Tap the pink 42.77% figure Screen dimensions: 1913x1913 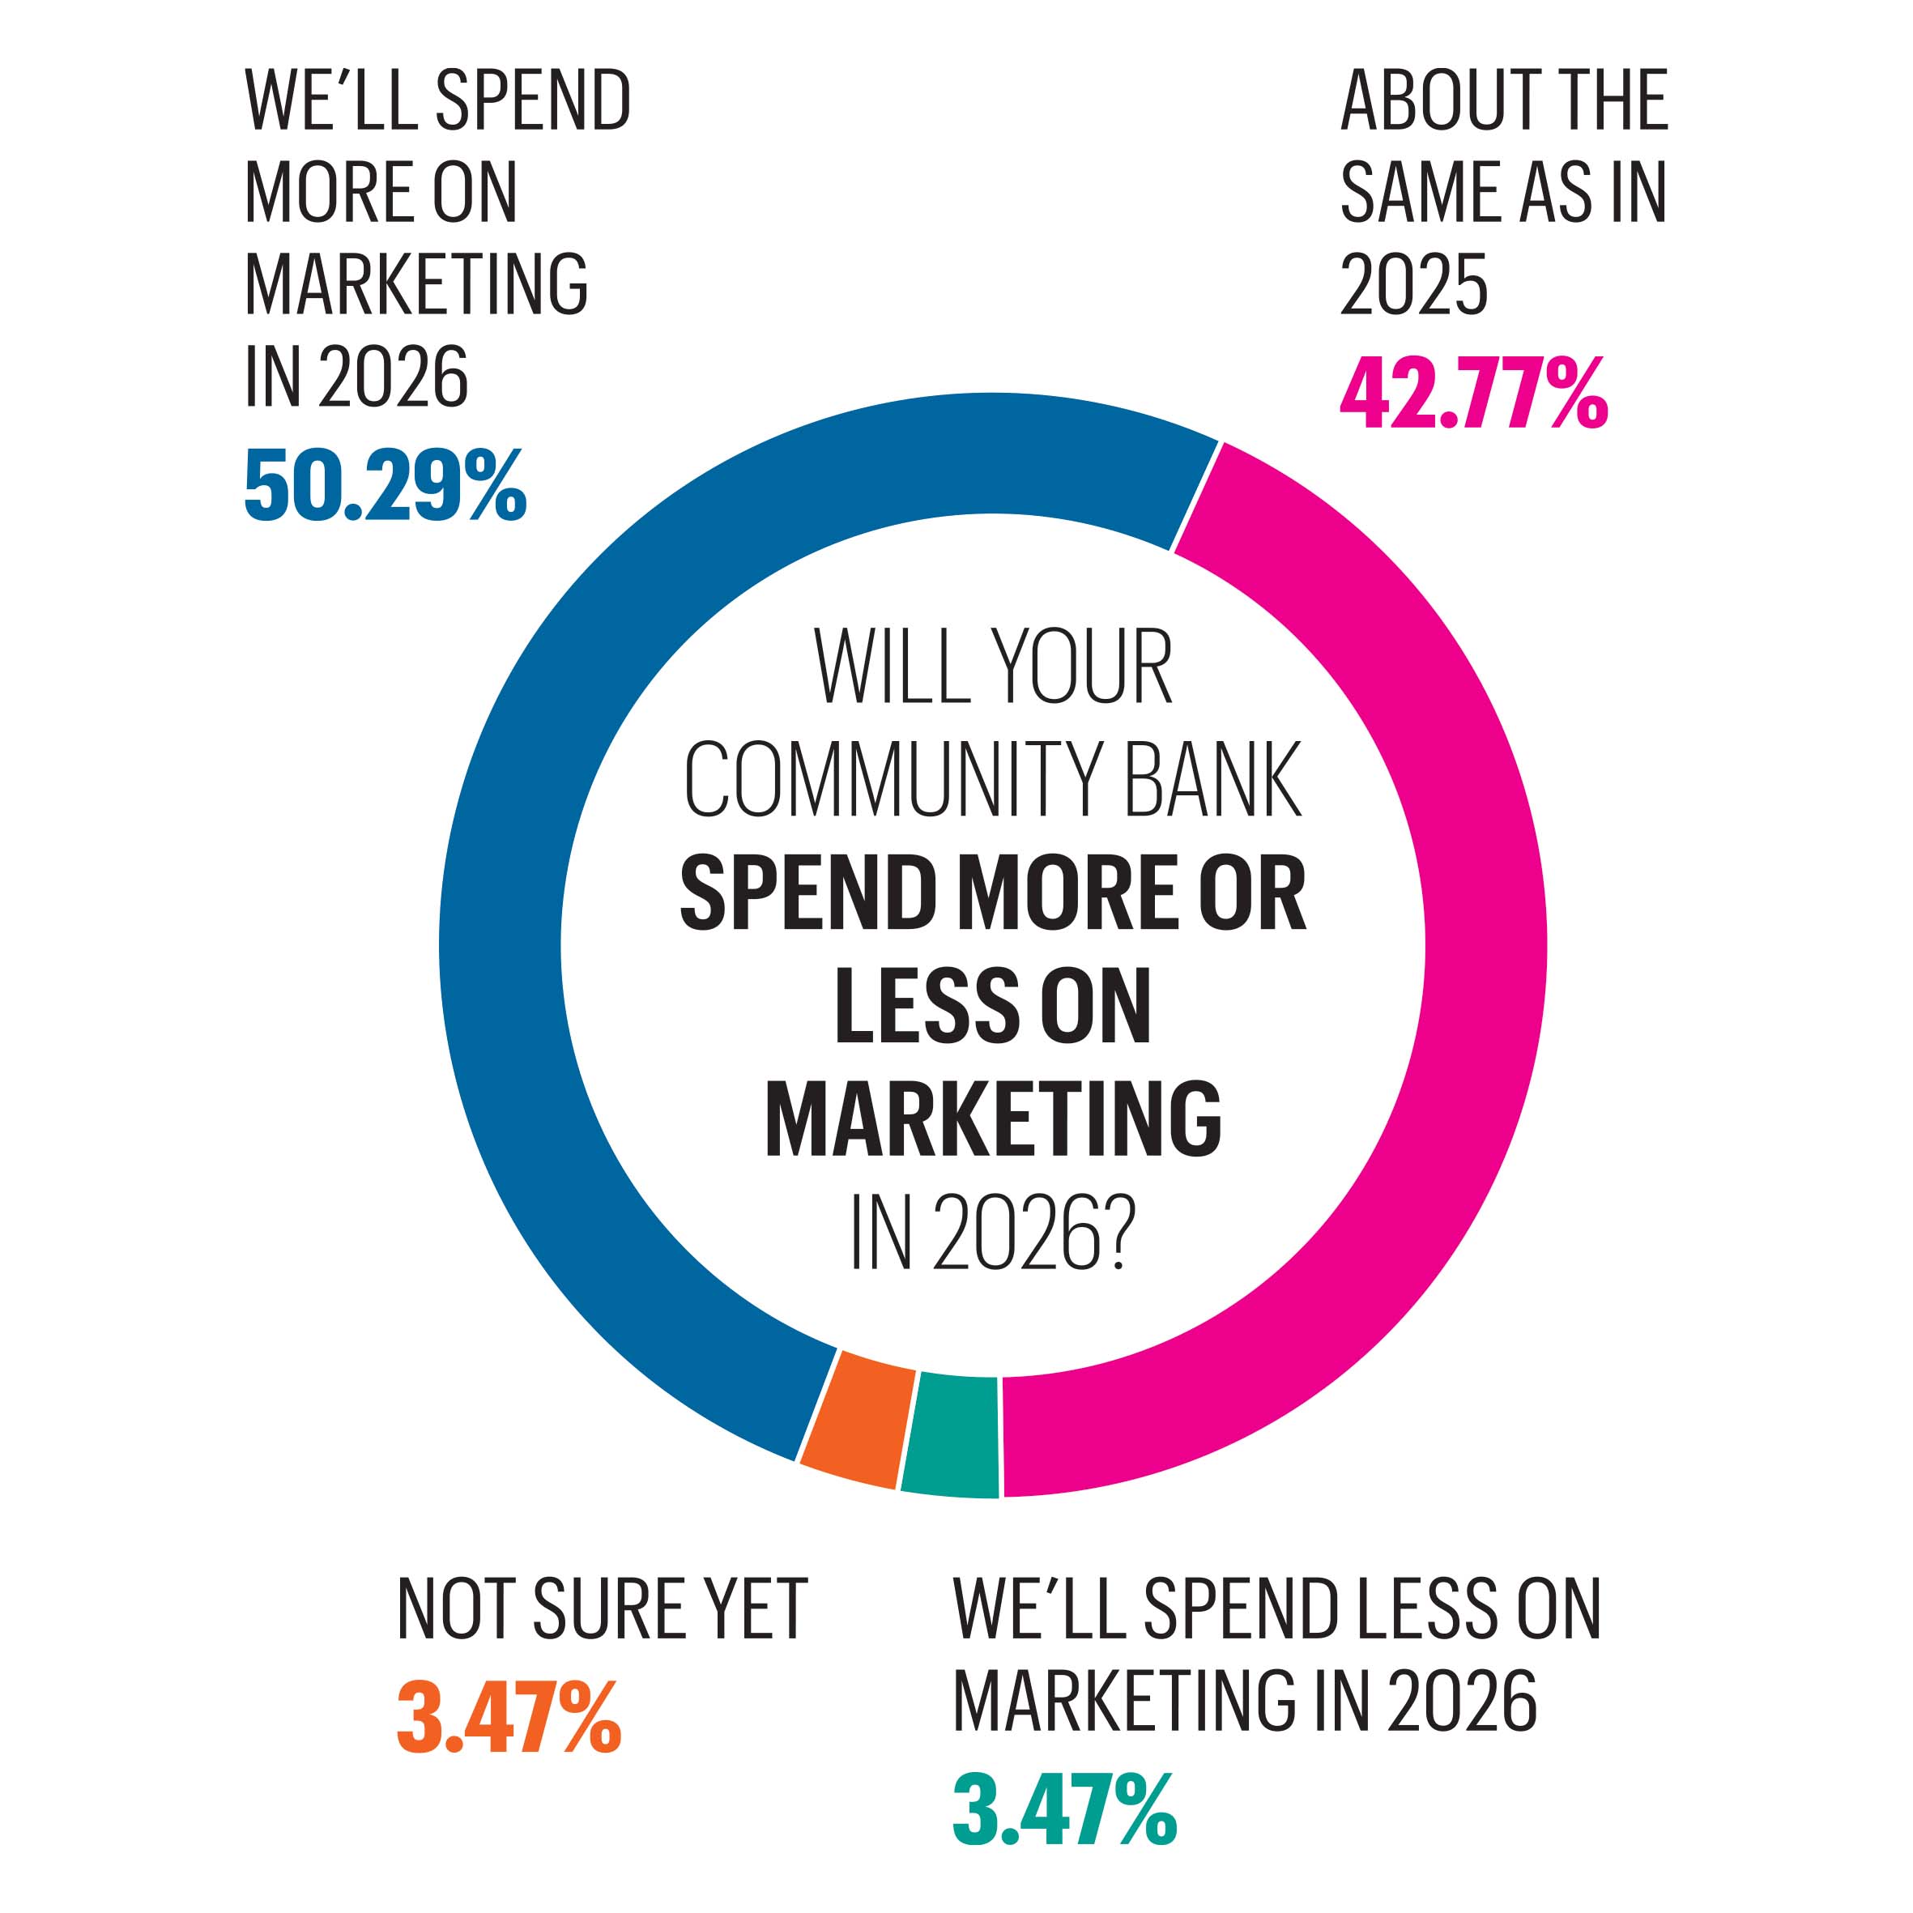(1473, 393)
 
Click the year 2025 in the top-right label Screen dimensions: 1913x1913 (1414, 284)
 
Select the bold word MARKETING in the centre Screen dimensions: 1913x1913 (993, 1119)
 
